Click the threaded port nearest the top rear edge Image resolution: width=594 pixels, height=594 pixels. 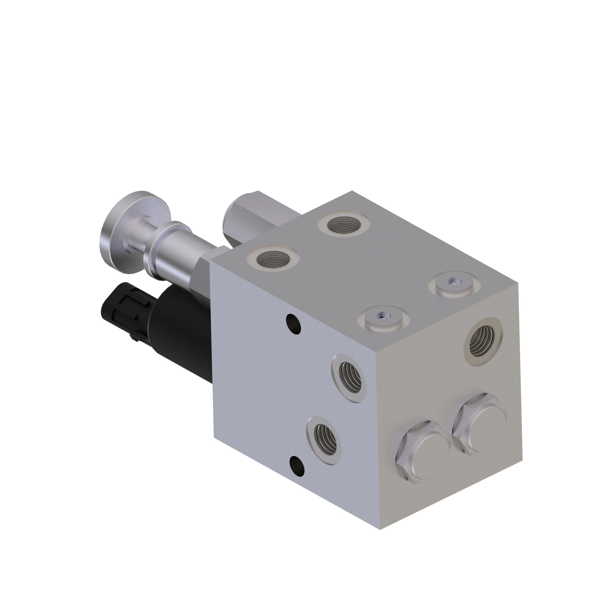point(343,225)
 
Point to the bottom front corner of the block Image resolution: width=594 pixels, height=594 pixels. point(380,529)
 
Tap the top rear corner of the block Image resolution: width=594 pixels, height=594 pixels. point(352,191)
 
